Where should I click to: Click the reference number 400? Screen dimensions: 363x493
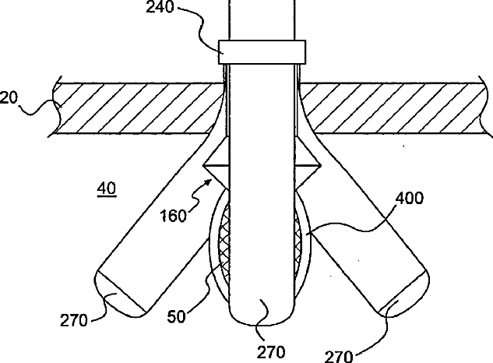point(410,199)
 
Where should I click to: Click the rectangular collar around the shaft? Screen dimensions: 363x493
point(262,51)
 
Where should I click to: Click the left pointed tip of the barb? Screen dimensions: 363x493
point(204,166)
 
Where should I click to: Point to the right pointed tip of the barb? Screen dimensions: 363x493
point(319,166)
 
